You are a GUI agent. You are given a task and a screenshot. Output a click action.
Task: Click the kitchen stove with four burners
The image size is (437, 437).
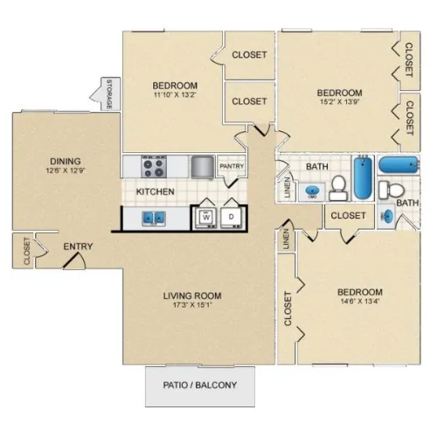[x=154, y=167]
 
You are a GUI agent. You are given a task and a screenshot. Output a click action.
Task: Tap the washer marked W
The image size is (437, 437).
[x=206, y=218]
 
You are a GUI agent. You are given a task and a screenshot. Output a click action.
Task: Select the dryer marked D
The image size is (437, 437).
[x=231, y=218]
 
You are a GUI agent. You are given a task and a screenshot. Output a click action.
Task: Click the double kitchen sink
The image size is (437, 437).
[x=154, y=218]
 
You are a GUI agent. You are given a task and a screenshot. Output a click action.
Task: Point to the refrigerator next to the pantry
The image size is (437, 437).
[x=203, y=167]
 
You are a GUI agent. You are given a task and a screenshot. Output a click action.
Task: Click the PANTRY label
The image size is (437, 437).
[x=232, y=166]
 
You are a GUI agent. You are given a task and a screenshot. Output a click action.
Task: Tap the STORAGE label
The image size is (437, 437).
[x=109, y=94]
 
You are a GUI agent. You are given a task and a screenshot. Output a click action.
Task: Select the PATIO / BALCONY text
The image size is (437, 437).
[x=200, y=385]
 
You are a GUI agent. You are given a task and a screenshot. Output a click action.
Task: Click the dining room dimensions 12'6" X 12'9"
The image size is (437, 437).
[x=66, y=170]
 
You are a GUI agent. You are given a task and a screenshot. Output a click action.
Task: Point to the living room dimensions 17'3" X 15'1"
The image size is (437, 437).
[x=192, y=305]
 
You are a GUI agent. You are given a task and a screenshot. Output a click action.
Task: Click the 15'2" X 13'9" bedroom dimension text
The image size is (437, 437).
[x=340, y=102]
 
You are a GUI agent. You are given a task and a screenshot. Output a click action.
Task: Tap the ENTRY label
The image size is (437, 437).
[x=78, y=246]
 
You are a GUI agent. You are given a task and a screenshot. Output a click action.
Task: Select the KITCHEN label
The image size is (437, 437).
[x=156, y=191]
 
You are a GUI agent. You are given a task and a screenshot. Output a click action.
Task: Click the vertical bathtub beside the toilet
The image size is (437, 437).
[x=363, y=177]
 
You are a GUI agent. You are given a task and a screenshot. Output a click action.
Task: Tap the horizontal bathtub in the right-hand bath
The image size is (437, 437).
[x=399, y=165]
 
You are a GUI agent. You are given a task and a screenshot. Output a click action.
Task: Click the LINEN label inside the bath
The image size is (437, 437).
[x=288, y=188]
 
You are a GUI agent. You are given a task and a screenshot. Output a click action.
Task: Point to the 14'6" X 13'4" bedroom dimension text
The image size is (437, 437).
[x=360, y=302]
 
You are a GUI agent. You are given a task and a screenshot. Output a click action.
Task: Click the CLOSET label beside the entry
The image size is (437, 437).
[x=27, y=251]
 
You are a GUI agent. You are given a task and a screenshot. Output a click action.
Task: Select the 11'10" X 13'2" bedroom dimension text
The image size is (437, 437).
[x=175, y=94]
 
